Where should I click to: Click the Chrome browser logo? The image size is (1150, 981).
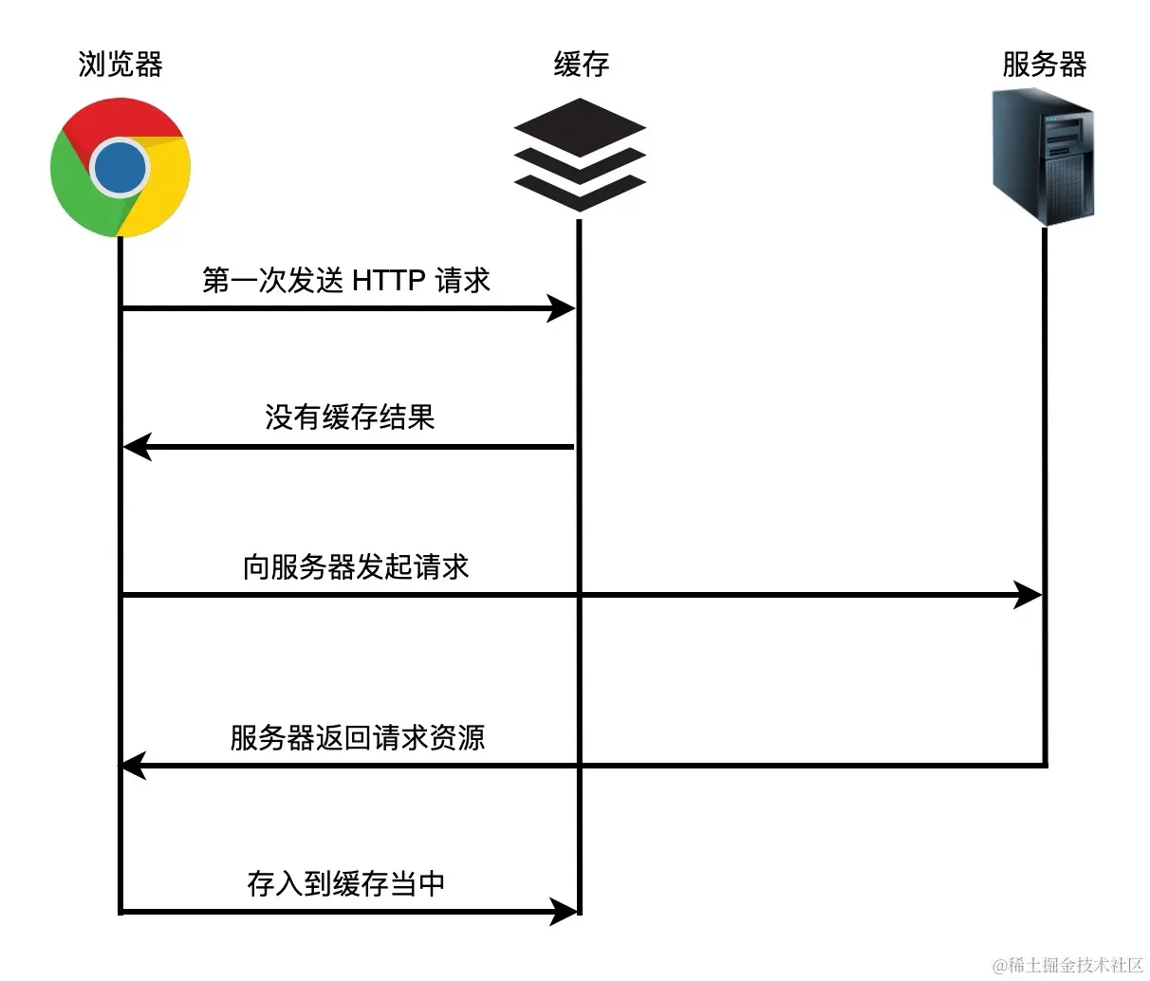click(121, 168)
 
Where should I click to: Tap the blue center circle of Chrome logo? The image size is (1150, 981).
click(121, 168)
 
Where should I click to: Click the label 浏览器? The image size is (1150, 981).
click(121, 65)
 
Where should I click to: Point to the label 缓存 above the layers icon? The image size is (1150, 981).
click(581, 65)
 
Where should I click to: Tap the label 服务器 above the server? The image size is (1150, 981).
click(1044, 65)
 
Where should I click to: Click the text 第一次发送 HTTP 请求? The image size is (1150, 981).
click(345, 280)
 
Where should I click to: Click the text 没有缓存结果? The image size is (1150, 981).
click(349, 417)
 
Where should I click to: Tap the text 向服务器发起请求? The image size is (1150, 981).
click(356, 567)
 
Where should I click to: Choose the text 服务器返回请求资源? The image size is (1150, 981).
click(357, 737)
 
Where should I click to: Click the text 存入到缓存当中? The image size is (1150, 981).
click(345, 883)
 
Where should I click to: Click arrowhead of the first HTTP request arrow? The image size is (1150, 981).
click(563, 308)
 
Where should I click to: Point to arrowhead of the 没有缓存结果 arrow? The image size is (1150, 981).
click(138, 446)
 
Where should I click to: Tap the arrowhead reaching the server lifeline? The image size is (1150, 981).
click(1029, 595)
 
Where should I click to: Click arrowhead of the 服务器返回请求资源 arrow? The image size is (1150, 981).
click(133, 765)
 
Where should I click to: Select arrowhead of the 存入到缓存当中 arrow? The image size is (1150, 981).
click(565, 912)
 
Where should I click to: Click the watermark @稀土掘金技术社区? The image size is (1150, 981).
click(1067, 965)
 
